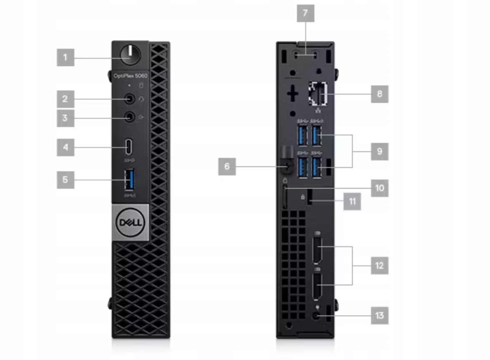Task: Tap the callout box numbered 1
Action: pos(65,57)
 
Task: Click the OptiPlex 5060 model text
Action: pos(130,76)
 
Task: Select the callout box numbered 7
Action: pos(305,13)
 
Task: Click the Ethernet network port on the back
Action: pos(318,95)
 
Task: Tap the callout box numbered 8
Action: pos(379,94)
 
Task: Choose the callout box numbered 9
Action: pos(379,151)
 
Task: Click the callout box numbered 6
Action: pos(227,167)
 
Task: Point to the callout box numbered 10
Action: pos(379,188)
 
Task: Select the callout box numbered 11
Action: pos(352,201)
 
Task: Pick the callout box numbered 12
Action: pos(379,265)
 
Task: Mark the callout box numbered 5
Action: pos(65,180)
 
